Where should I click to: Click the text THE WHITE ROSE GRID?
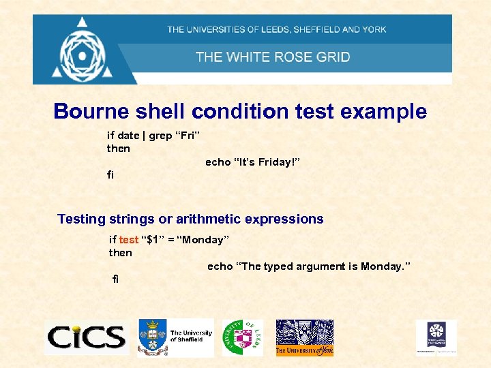[273, 57]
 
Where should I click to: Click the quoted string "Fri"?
[187, 135]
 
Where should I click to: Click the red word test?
[128, 239]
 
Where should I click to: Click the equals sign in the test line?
[172, 240]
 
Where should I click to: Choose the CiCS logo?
[86, 337]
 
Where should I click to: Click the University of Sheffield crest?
[152, 337]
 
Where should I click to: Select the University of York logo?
[304, 337]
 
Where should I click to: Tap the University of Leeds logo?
[242, 337]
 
